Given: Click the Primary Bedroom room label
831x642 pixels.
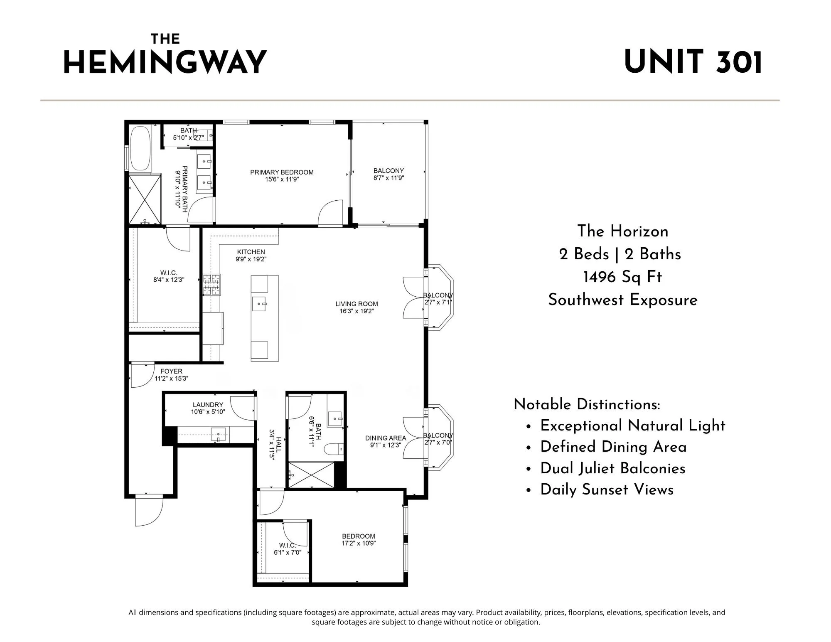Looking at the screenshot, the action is [x=282, y=172].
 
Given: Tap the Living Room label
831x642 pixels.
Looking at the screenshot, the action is [x=357, y=304].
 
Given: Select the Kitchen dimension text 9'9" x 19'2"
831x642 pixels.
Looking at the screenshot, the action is [x=251, y=259].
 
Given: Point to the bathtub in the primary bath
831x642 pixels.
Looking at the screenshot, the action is [x=140, y=149].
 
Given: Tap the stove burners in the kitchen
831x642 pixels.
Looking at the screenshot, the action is [x=211, y=285].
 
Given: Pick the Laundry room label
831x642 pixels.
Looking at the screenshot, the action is [x=208, y=405].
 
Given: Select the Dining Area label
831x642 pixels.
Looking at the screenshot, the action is [x=386, y=438].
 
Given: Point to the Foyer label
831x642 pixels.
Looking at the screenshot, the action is [x=171, y=371].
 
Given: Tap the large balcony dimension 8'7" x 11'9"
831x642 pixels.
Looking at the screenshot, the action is [x=388, y=178].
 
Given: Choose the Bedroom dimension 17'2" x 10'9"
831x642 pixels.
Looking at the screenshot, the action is [x=359, y=543].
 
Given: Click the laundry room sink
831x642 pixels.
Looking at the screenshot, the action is [x=219, y=435].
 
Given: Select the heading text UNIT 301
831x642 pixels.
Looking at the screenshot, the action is [x=693, y=62].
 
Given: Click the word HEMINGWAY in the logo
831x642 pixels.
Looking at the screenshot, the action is [x=165, y=62].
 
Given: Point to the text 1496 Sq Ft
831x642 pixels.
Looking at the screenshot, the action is [x=622, y=277].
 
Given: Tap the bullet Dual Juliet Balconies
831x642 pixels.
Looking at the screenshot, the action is [x=613, y=468].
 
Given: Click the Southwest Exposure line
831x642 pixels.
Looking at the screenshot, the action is [x=622, y=300].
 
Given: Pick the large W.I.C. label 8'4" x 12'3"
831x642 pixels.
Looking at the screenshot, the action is [x=169, y=276].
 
